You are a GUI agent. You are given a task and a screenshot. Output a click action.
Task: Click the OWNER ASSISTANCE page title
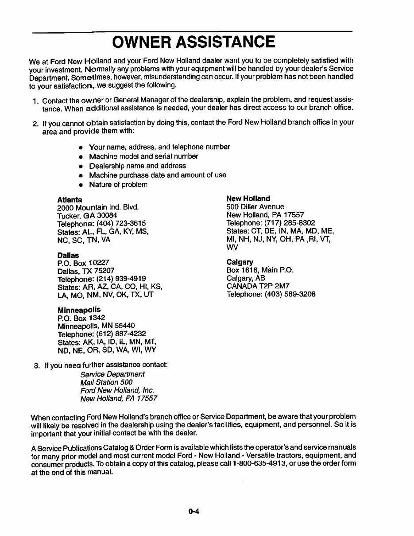click(193, 42)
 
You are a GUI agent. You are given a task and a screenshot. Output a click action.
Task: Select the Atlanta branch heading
click(70, 200)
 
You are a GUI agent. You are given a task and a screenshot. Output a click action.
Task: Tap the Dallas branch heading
click(68, 255)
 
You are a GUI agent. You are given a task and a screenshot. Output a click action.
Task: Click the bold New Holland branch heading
click(248, 198)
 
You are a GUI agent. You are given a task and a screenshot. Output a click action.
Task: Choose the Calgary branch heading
click(240, 262)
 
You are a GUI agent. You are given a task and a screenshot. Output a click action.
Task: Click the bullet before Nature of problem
click(81, 185)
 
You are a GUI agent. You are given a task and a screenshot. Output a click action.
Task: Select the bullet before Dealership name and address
click(81, 166)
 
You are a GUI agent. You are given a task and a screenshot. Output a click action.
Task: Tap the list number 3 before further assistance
click(36, 365)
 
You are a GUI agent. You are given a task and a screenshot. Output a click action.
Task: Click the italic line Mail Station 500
click(106, 382)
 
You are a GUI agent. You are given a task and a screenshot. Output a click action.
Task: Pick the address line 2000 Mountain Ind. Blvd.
click(98, 207)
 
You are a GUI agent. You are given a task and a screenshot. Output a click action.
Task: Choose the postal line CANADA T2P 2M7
click(258, 286)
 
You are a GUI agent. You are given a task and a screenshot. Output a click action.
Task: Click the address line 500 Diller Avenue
click(255, 206)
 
